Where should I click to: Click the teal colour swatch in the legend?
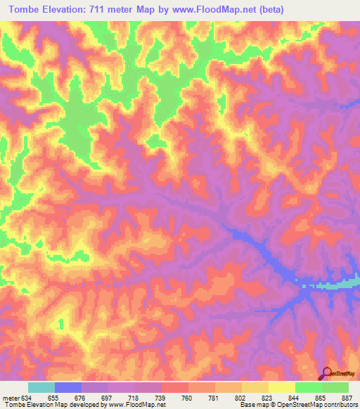[x=41, y=387]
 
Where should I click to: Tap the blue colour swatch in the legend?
[x=67, y=387]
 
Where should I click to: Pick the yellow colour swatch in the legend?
[x=281, y=387]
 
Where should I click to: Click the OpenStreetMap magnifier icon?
[x=328, y=374]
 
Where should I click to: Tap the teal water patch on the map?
[x=330, y=285]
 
